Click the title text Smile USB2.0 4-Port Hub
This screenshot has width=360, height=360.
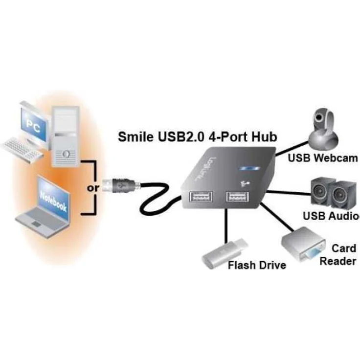pos(198,136)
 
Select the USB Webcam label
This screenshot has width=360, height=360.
pos(323,158)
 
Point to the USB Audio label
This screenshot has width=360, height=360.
pos(331,216)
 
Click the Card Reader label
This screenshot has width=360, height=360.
pos(337,255)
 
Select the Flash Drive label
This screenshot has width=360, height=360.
pos(257,266)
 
